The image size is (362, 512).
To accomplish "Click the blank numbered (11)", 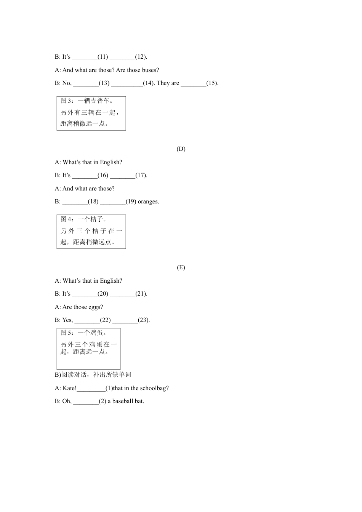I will (x=85, y=57).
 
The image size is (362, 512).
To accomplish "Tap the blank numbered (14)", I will (x=127, y=83).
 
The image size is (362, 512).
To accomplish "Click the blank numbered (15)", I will (x=193, y=83).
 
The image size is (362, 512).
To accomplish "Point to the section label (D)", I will (x=181, y=149).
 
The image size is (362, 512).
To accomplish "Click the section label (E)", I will (x=181, y=267).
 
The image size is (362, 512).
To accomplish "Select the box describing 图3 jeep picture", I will (x=91, y=113).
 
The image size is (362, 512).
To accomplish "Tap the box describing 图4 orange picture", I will (x=91, y=232).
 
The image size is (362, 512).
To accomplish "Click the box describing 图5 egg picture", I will (x=88, y=349).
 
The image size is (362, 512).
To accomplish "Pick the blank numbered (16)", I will (x=85, y=176).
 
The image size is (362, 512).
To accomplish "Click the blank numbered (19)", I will (x=113, y=202).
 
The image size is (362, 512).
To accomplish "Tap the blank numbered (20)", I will (x=85, y=294).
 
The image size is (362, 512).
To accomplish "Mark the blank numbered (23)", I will (x=125, y=320).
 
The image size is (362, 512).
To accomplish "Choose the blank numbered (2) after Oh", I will (x=86, y=402).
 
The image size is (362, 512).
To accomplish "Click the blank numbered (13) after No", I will (x=86, y=83).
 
